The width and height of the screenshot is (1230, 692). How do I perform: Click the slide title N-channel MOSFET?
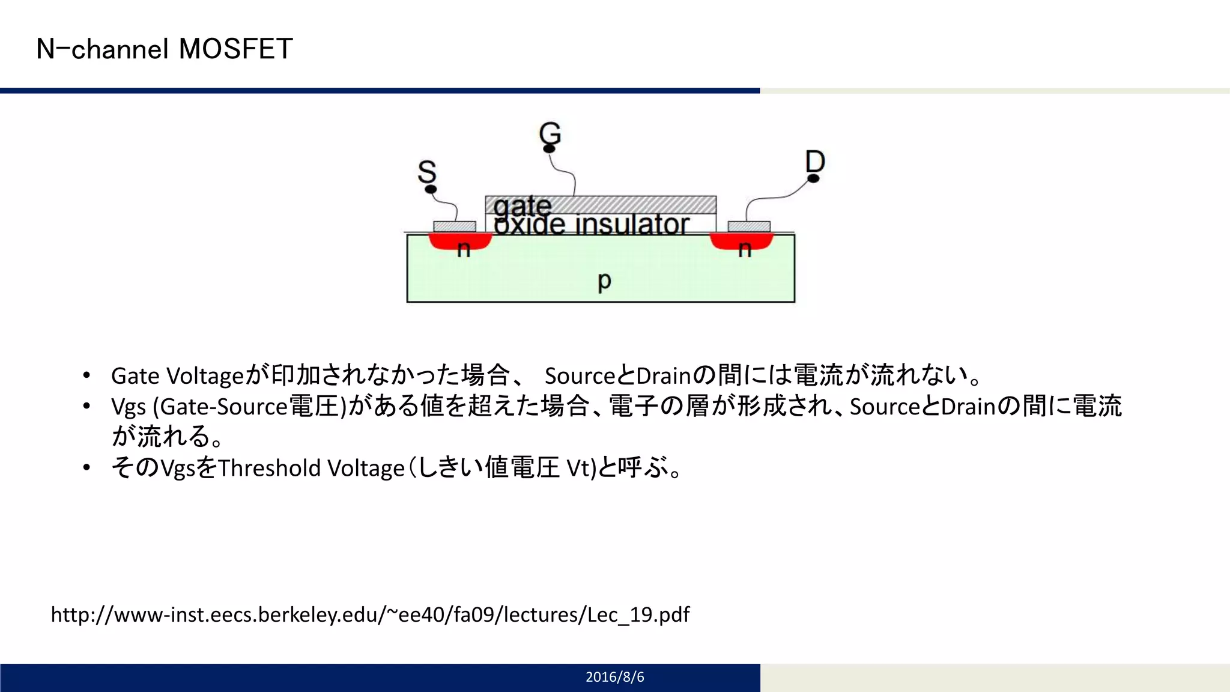pyautogui.click(x=165, y=49)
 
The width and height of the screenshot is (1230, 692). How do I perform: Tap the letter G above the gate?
pyautogui.click(x=550, y=132)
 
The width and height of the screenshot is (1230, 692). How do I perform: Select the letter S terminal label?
pyautogui.click(x=427, y=172)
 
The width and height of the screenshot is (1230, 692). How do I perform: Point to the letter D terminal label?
pyautogui.click(x=815, y=161)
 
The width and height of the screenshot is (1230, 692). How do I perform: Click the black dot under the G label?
pyautogui.click(x=549, y=148)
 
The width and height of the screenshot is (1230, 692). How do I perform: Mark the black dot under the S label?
pyautogui.click(x=431, y=189)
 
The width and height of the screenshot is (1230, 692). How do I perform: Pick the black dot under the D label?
pyautogui.click(x=814, y=178)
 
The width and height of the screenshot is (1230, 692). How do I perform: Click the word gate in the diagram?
pyautogui.click(x=522, y=207)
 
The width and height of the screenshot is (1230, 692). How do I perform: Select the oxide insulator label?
pyautogui.click(x=592, y=225)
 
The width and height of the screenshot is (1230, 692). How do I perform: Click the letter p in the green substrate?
pyautogui.click(x=604, y=281)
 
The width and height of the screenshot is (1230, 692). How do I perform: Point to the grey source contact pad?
pyautogui.click(x=455, y=226)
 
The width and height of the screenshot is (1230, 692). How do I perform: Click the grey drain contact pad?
pyautogui.click(x=749, y=226)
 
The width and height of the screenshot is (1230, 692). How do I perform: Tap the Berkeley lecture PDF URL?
pyautogui.click(x=370, y=615)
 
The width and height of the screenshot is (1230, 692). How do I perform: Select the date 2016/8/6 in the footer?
pyautogui.click(x=614, y=677)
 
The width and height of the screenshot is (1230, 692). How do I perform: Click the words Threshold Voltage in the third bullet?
pyautogui.click(x=311, y=468)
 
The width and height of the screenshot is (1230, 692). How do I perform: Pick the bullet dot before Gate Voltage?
pyautogui.click(x=87, y=375)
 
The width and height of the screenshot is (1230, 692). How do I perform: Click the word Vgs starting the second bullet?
pyautogui.click(x=129, y=407)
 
